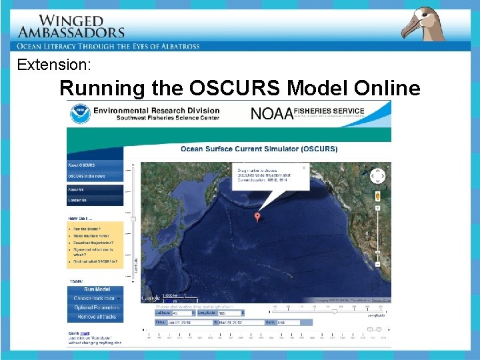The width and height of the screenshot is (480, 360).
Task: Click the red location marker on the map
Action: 258,216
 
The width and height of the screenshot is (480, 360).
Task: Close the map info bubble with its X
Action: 304,168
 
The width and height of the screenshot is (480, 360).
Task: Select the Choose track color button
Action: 95,299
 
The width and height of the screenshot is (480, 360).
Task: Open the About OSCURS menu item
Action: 81,165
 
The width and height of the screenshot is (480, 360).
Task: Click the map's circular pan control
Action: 377,176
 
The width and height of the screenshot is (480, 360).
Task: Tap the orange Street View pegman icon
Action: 378,196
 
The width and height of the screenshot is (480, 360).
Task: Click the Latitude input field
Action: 181,312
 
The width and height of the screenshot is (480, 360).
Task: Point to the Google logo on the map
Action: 151,297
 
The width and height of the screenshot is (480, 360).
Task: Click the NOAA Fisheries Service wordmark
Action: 307,113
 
